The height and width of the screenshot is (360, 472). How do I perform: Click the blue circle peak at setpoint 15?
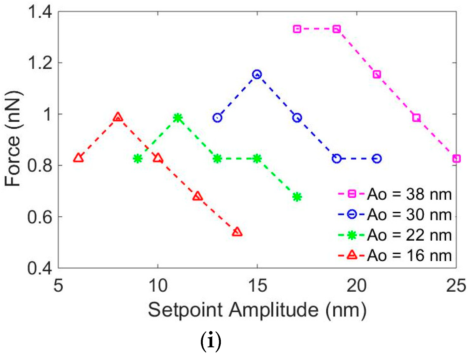click(x=257, y=74)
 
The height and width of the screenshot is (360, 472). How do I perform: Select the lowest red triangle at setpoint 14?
click(x=237, y=232)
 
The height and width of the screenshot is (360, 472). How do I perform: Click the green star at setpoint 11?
click(x=178, y=118)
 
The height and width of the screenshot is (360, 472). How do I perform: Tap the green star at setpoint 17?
click(x=297, y=197)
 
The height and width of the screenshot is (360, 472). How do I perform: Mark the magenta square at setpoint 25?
click(x=456, y=159)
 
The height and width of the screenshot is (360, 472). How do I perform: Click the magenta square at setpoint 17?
click(x=297, y=29)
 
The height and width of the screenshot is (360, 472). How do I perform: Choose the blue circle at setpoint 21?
click(x=377, y=159)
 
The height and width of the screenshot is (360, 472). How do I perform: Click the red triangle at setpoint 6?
click(x=78, y=158)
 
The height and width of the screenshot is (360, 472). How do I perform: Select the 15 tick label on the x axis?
click(x=257, y=286)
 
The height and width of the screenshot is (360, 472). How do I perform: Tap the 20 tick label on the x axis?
click(x=356, y=286)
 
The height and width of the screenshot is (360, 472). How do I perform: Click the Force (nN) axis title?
click(x=13, y=139)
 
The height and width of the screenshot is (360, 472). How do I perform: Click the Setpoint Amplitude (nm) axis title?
click(x=257, y=310)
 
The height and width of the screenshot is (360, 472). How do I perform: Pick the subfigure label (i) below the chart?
click(x=211, y=341)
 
